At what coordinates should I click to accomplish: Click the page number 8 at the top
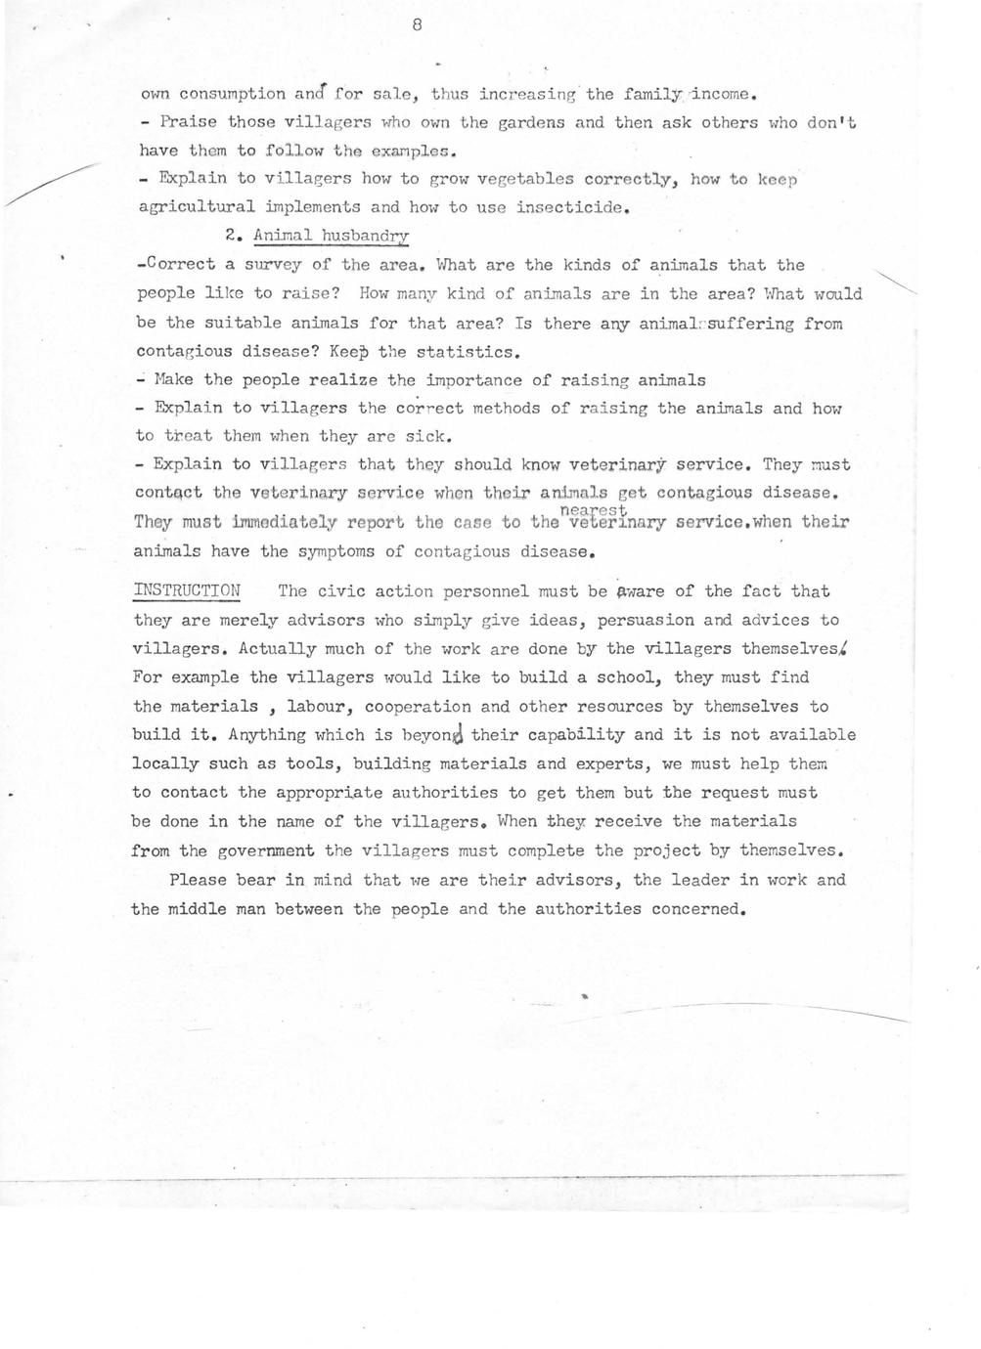click(417, 26)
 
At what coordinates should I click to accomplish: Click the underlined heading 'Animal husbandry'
click(331, 236)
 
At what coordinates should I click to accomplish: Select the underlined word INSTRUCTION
click(187, 590)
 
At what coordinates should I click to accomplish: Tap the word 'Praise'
click(188, 122)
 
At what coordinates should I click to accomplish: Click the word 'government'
click(266, 850)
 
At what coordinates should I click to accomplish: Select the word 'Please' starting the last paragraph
click(198, 880)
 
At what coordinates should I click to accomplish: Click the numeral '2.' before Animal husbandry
click(231, 236)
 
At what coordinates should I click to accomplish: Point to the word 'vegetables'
click(525, 179)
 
